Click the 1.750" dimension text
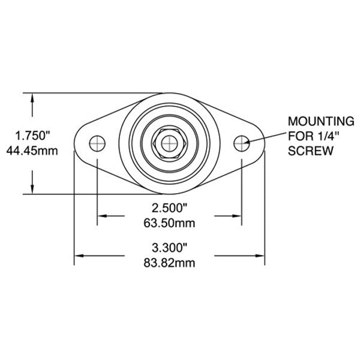(x=31, y=135)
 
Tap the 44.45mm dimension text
(x=31, y=151)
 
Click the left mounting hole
(x=97, y=143)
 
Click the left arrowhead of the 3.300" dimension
(x=79, y=256)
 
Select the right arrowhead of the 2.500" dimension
(x=237, y=216)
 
